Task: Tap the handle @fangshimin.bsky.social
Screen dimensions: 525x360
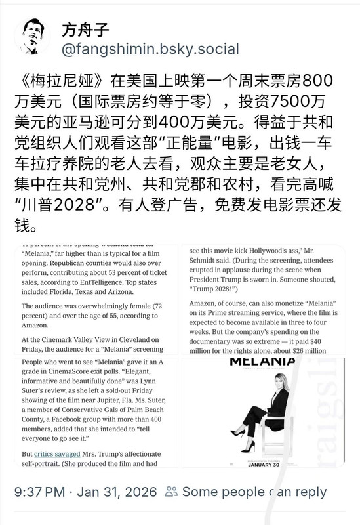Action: click(x=150, y=49)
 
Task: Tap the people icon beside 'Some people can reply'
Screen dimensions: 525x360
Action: click(x=172, y=492)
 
